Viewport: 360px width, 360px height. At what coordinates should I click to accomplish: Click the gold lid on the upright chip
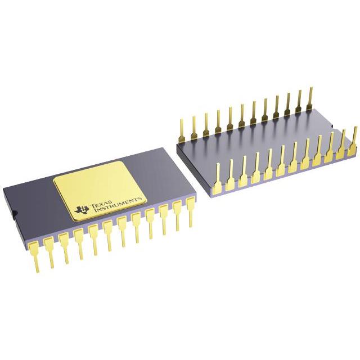tap(100, 191)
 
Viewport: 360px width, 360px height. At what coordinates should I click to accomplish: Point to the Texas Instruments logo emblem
tap(82, 209)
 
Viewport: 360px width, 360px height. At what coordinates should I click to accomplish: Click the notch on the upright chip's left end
tap(13, 213)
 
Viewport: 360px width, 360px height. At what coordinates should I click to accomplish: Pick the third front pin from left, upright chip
tap(65, 248)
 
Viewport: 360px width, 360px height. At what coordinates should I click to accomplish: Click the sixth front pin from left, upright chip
tap(109, 236)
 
